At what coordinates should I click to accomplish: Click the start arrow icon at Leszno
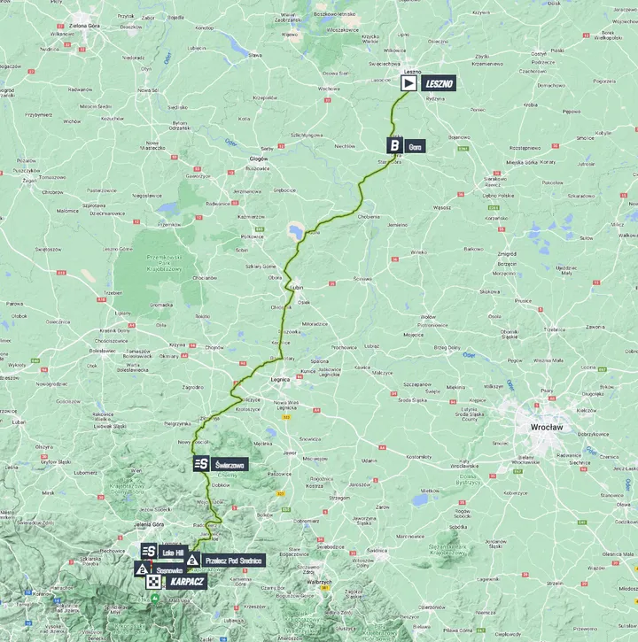coord(408,83)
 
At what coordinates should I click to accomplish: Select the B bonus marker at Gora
coord(393,145)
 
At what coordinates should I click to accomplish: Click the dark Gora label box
coord(415,145)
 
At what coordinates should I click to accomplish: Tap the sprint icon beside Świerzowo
coord(201,463)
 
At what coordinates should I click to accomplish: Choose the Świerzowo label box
coord(230,463)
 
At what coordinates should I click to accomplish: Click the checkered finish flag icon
coord(155,582)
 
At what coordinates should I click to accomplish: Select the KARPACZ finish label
coord(184,582)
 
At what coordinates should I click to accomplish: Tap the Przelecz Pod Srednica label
coord(233,560)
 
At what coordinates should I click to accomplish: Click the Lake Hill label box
coord(172,552)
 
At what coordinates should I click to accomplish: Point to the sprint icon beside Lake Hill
coord(149,552)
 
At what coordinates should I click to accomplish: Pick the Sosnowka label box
coord(168,569)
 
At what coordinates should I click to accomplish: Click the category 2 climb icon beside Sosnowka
coord(142,569)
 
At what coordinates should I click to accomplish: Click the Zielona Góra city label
coord(82,26)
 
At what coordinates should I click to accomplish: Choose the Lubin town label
coord(296,288)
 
